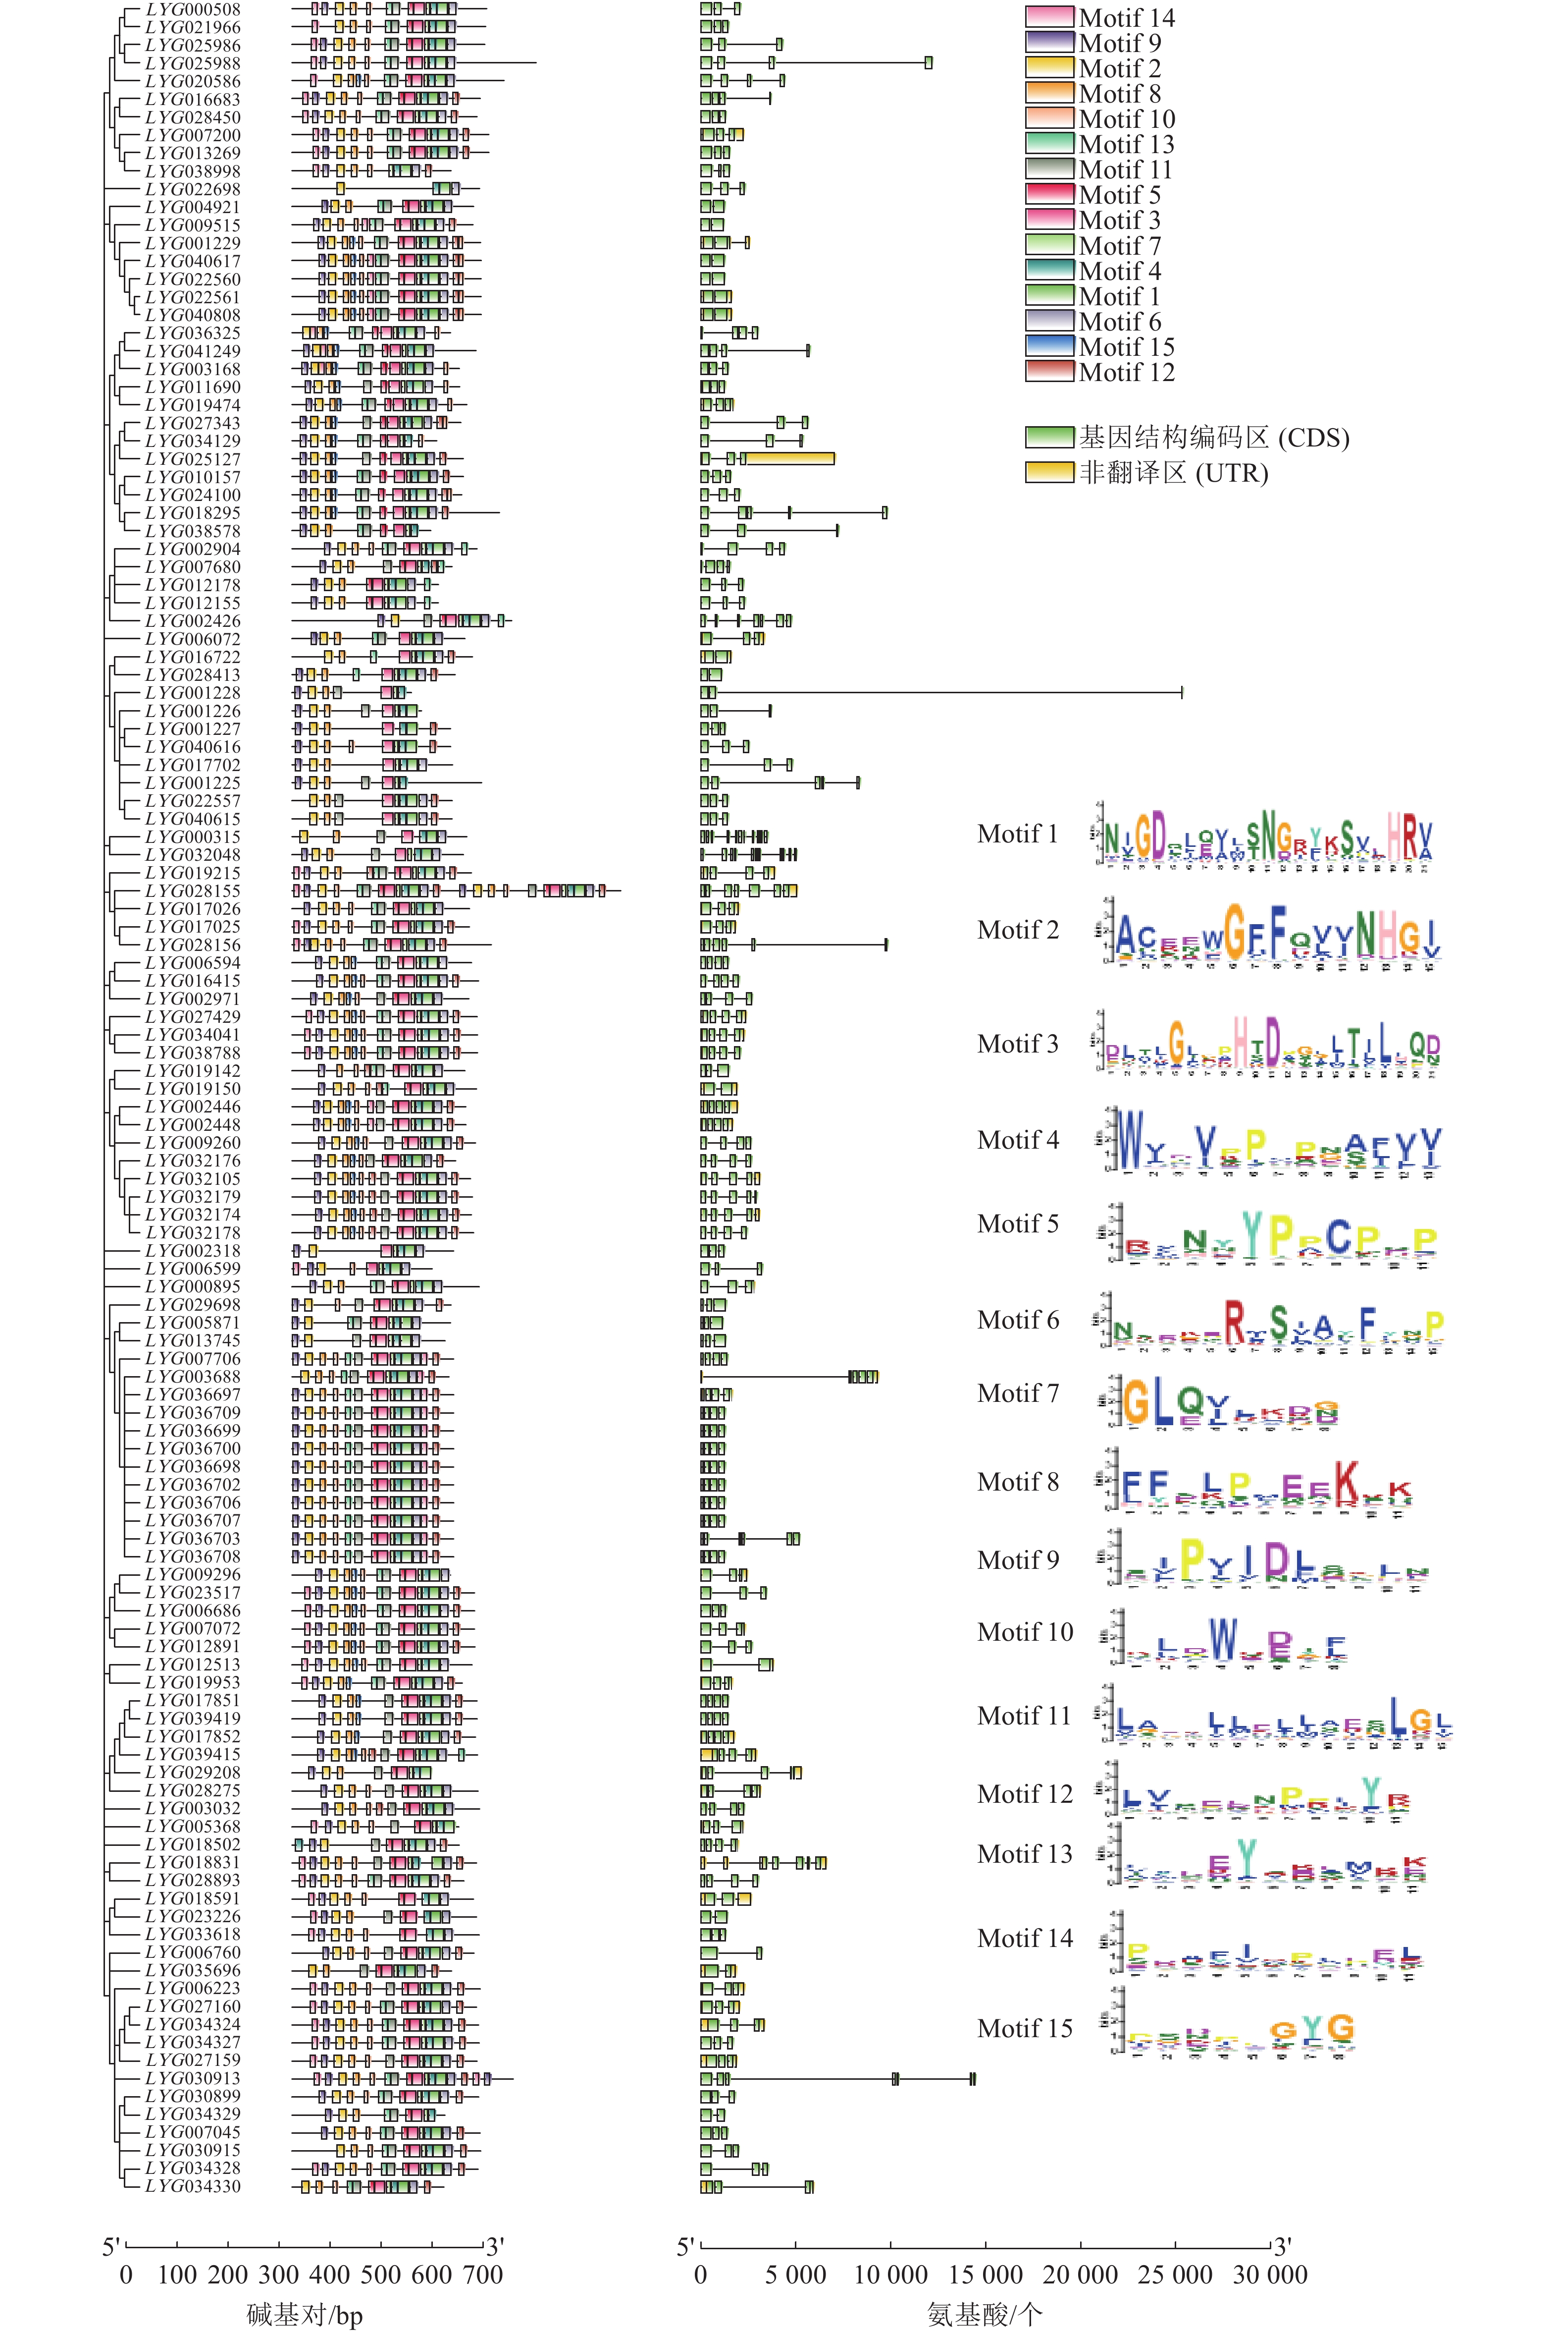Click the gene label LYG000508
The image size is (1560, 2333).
[x=193, y=9]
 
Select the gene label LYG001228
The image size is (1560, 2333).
[x=193, y=693]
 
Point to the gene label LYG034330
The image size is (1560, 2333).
[x=193, y=2187]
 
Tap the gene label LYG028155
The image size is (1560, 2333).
[x=193, y=891]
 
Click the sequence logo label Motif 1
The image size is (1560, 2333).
[x=1017, y=834]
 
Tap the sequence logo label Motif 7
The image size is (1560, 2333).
[x=1017, y=1393]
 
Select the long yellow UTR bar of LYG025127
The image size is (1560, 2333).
[x=790, y=458]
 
